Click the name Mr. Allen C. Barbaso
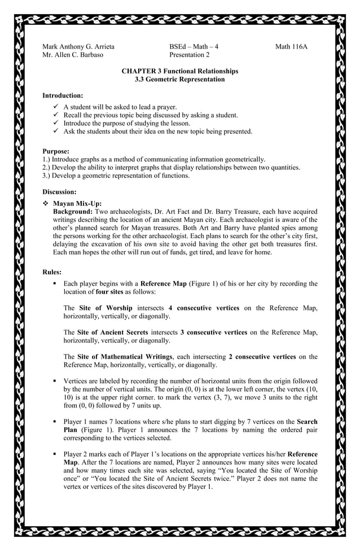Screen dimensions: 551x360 pyautogui.click(x=73, y=55)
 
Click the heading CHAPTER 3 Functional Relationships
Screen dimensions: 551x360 pyautogui.click(x=179, y=71)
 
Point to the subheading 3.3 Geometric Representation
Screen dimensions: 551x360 pyautogui.click(x=179, y=80)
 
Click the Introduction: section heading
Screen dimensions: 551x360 pyautogui.click(x=63, y=95)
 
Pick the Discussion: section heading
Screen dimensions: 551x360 pyautogui.click(x=60, y=192)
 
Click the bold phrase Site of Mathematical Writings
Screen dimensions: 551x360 pyautogui.click(x=125, y=357)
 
